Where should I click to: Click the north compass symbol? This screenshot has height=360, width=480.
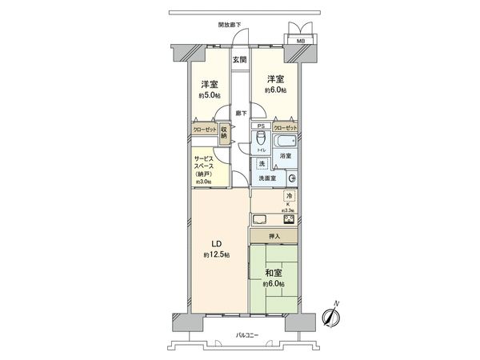330,315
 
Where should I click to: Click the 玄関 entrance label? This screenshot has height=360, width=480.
239,60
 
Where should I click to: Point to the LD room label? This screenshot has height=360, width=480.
216,243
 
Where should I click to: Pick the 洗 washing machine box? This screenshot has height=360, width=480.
262,164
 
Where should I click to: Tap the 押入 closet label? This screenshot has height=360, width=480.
274,236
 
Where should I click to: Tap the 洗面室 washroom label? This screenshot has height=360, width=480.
267,178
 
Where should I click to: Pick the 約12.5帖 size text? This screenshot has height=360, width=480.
216,254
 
